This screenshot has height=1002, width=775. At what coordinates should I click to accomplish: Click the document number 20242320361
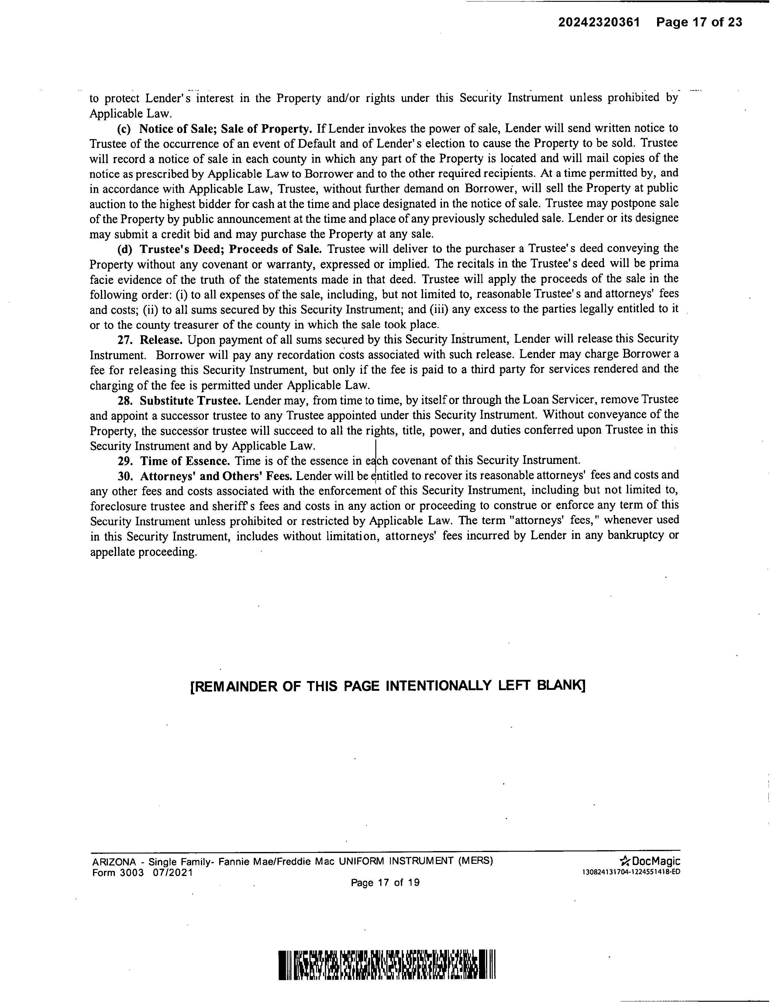pos(599,22)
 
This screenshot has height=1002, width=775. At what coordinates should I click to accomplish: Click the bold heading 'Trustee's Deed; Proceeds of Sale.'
pos(230,249)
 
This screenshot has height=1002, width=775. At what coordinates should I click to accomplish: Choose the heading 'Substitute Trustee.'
pos(190,400)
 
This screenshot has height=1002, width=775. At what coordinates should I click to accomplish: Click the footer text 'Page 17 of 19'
pos(385,882)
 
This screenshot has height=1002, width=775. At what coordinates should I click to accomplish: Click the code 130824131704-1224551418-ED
pos(631,872)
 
